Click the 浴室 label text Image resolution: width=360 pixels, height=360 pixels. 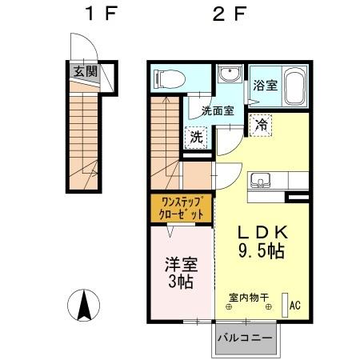[x=265, y=82]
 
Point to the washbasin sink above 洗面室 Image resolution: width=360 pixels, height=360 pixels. [x=230, y=75]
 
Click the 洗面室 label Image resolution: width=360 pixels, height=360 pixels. [x=217, y=111]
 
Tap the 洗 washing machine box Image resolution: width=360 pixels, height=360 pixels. [x=197, y=136]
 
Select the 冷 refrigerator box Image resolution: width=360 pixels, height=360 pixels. [x=261, y=124]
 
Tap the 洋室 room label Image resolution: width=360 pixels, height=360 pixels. [x=180, y=265]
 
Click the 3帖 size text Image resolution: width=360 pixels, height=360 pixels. [x=180, y=282]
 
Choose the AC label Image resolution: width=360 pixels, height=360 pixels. [x=294, y=304]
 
